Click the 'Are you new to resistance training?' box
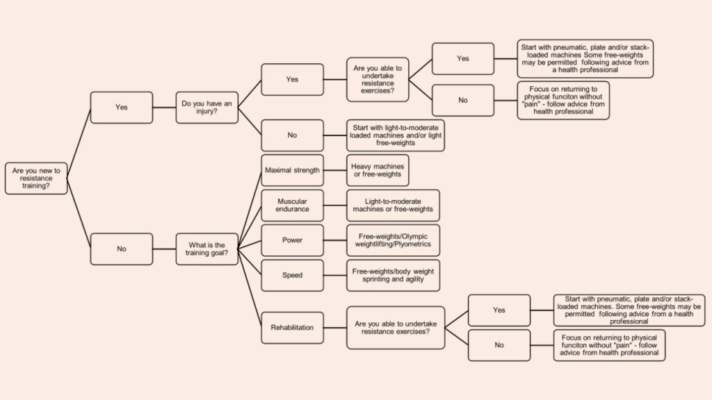(x=36, y=178)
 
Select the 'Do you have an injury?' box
(x=207, y=108)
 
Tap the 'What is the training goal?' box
(x=207, y=248)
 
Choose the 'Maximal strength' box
(x=292, y=170)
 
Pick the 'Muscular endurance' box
(x=292, y=205)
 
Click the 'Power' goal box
(x=292, y=240)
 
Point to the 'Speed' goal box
(x=292, y=275)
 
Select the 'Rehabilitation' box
(x=292, y=327)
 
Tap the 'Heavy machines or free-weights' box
(x=377, y=170)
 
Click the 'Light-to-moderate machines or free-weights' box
(x=393, y=205)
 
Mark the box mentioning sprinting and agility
(x=393, y=275)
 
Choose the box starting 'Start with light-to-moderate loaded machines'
(x=395, y=135)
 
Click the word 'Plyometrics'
(x=414, y=244)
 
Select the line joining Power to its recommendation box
(x=335, y=240)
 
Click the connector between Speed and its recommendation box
(x=335, y=275)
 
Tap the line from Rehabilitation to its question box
(x=335, y=327)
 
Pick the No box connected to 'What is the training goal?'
(x=122, y=248)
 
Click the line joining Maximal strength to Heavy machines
(x=335, y=170)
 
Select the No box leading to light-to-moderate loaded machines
(x=292, y=135)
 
